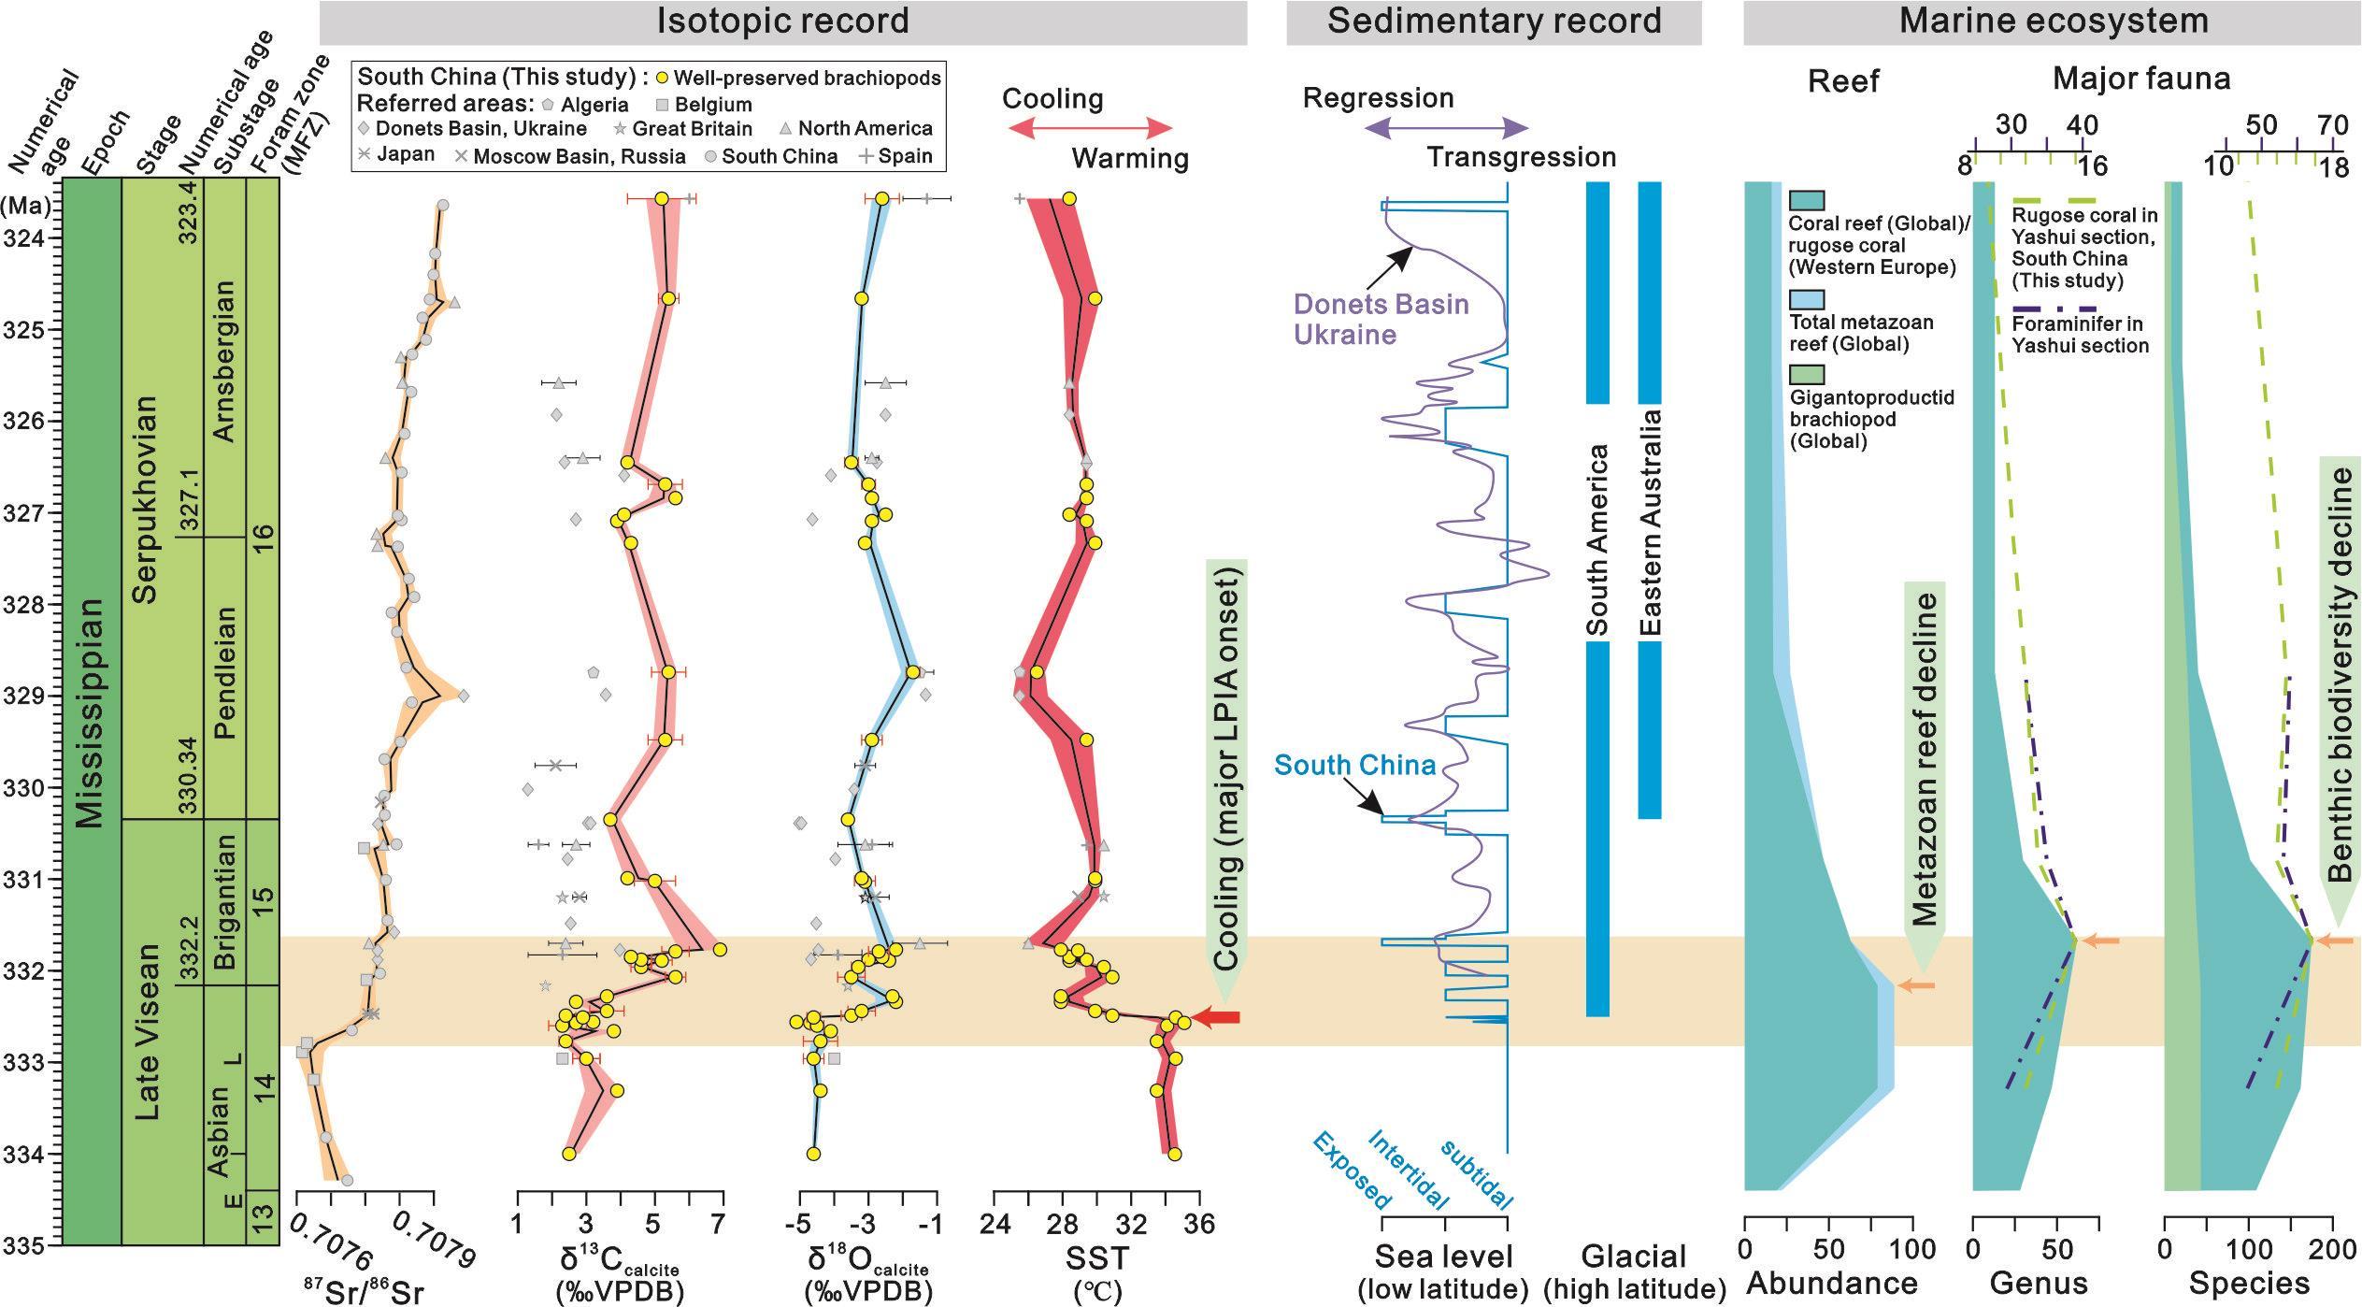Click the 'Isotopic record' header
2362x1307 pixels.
782,22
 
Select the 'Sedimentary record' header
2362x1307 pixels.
1494,22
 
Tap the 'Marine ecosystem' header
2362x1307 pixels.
2053,22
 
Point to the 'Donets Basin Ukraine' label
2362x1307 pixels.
1381,319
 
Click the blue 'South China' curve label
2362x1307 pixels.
1354,765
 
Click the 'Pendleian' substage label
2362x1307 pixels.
224,672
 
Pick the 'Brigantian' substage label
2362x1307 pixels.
224,901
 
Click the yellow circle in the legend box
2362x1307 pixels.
661,78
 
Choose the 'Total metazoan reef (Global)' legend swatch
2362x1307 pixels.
1806,299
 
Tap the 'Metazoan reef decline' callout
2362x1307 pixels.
1925,757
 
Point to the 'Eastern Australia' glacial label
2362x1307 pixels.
1650,523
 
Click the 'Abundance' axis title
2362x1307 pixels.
1831,1283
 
